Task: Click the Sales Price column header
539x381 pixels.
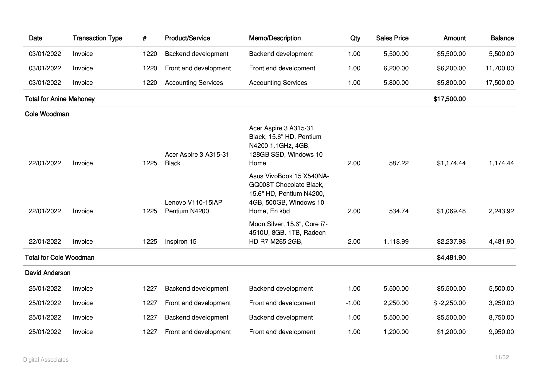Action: click(392, 38)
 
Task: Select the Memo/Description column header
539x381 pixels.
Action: click(275, 38)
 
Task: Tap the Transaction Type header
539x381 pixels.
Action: click(97, 38)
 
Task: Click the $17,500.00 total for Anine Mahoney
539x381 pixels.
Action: click(449, 99)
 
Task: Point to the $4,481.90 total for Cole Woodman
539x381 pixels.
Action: click(451, 257)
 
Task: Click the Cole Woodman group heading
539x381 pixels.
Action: click(47, 114)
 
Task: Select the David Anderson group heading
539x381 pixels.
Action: click(48, 273)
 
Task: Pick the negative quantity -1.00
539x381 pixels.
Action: click(353, 303)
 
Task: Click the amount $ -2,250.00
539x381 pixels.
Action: click(449, 303)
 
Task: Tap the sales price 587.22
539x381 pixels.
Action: click(399, 163)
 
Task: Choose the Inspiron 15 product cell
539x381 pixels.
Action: click(180, 242)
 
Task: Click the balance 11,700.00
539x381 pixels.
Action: click(499, 68)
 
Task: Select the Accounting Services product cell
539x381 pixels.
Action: click(194, 83)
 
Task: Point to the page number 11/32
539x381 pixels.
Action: click(502, 357)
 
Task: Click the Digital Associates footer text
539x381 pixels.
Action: click(46, 360)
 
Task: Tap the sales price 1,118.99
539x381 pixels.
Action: click(396, 242)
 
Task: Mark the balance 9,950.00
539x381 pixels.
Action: click(501, 332)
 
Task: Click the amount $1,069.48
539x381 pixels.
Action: click(451, 211)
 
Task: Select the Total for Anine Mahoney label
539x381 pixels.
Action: click(60, 99)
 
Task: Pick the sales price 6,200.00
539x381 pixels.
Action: click(396, 68)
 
